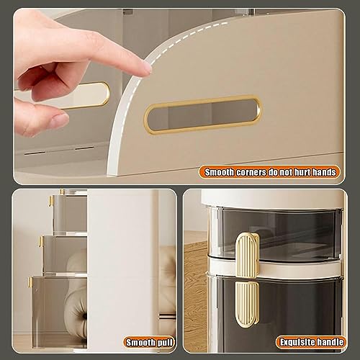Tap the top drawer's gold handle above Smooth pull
point(53,201)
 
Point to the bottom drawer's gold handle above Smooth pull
point(33,283)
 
